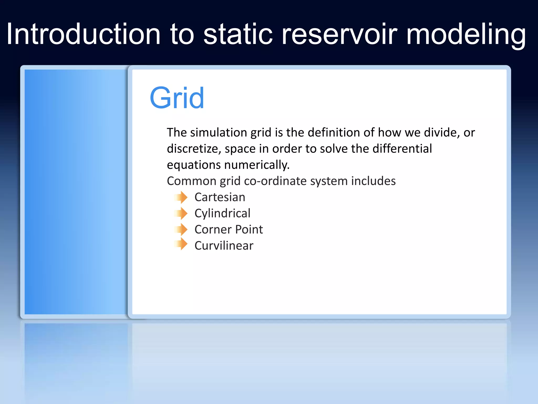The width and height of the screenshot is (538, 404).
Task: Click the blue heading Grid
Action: coord(177,98)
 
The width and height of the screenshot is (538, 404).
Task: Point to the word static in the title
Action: coord(238,34)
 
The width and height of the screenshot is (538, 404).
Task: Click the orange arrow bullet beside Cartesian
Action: coord(181,197)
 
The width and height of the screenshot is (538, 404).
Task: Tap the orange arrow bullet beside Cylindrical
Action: coord(181,213)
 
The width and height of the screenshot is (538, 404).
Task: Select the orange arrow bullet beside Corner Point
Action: coord(181,230)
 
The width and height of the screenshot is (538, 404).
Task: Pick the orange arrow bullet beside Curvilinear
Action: coord(181,244)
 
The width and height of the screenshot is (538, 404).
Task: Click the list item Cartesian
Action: coord(220,197)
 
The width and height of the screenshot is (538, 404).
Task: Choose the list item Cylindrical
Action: coord(222,213)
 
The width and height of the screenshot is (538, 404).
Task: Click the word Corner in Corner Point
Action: coord(213,230)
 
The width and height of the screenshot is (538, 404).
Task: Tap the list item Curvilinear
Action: coord(224,246)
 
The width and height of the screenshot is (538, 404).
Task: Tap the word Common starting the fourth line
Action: coord(192,181)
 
